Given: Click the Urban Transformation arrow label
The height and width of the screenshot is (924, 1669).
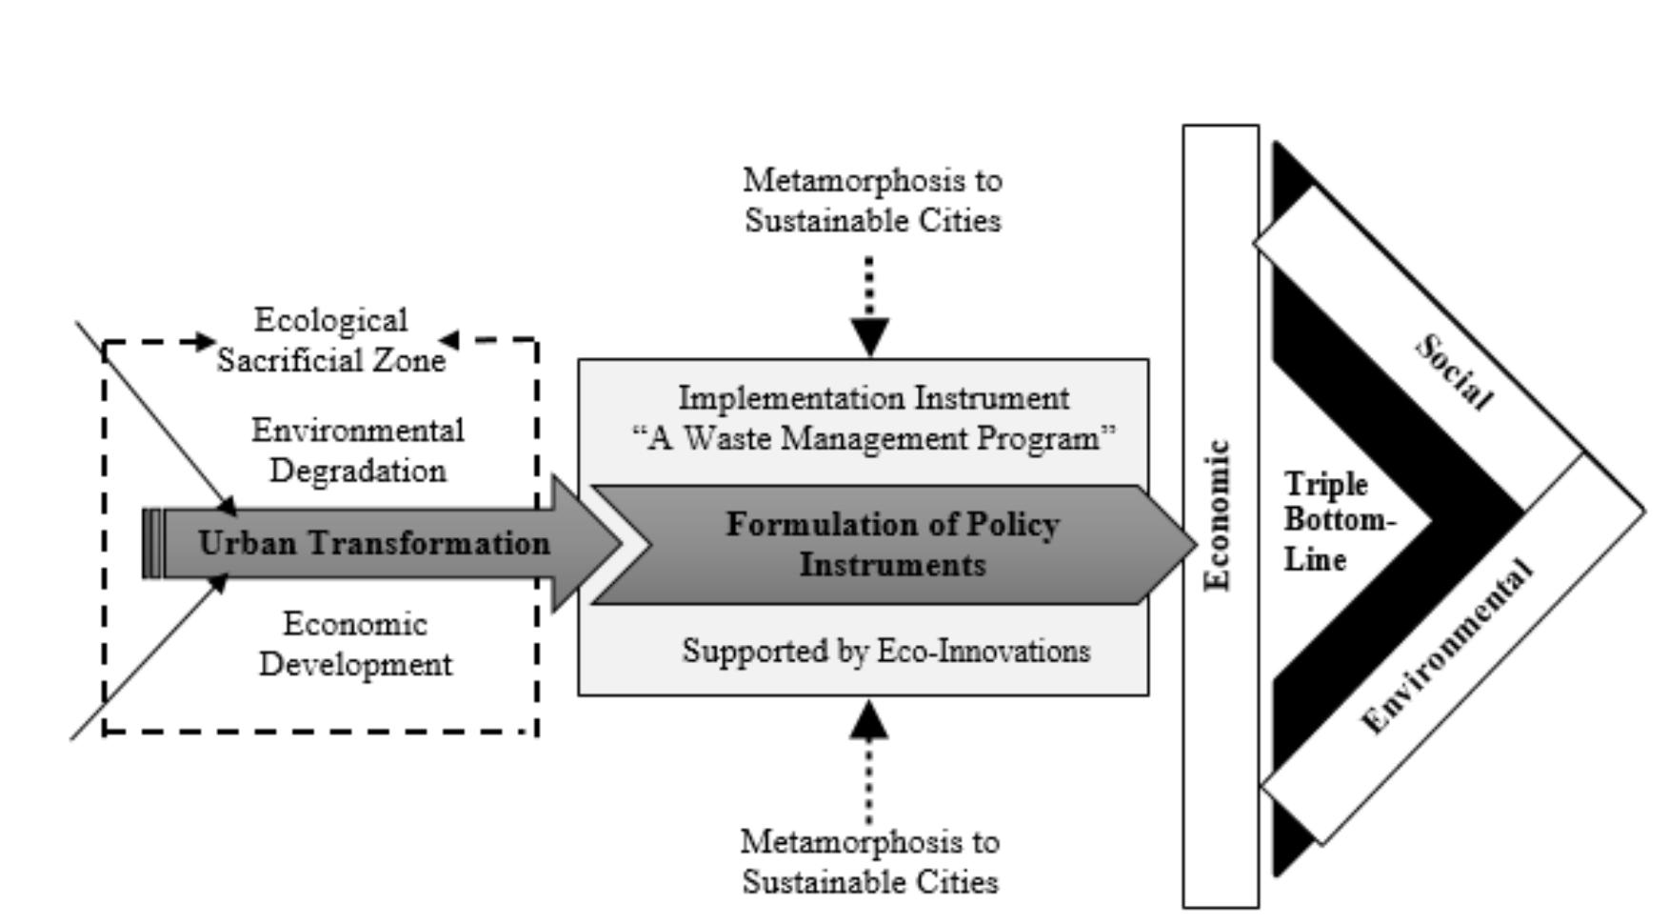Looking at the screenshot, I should [374, 544].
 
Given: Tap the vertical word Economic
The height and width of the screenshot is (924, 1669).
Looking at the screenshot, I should [1219, 515].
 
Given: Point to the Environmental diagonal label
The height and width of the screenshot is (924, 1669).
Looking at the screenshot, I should [1447, 648].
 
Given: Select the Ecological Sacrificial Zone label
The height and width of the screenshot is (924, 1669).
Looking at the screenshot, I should [330, 340].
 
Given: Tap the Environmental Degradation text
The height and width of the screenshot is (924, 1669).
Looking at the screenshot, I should [357, 451].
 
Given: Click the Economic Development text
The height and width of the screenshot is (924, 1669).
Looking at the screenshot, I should [355, 644].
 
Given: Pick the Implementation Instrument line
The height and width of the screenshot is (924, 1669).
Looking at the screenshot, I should [873, 398].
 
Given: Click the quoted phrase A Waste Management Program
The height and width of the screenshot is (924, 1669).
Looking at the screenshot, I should [873, 439].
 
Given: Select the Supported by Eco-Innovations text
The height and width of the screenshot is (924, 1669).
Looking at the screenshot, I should [885, 652].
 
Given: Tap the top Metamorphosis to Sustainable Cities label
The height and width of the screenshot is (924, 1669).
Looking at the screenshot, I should [872, 200].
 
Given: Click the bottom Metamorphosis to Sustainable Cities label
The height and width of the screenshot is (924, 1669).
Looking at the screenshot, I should [870, 861].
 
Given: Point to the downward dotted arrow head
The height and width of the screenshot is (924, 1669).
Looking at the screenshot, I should [869, 336].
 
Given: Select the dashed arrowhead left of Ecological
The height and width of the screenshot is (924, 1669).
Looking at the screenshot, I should [205, 340].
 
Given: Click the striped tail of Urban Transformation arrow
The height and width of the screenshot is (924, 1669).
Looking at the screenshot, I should [152, 544].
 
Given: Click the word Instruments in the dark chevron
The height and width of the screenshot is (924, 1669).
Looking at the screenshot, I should [892, 565].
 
